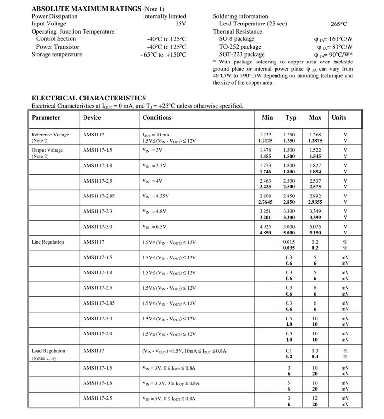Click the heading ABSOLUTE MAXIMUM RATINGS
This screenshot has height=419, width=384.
(87, 9)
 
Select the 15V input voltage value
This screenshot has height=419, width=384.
(180, 24)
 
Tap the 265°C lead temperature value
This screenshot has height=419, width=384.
(338, 24)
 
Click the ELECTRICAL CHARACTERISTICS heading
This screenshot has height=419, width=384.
(89, 98)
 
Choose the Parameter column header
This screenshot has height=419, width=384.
(46, 118)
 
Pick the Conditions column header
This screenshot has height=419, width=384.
(157, 118)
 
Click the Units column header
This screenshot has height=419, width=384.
(338, 118)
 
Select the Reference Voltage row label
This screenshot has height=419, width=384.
(50, 135)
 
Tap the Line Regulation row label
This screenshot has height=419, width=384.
(48, 242)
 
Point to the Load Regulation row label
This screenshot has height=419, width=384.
(48, 351)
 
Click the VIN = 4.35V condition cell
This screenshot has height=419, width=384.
(156, 197)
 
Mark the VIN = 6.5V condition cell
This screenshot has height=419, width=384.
(155, 227)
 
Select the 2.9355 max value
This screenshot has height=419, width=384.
(315, 202)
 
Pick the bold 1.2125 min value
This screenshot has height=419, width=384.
(265, 141)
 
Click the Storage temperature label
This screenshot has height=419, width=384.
(57, 54)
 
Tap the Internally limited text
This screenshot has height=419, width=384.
(165, 16)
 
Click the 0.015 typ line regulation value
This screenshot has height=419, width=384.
(289, 242)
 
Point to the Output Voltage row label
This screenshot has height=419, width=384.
(47, 150)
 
